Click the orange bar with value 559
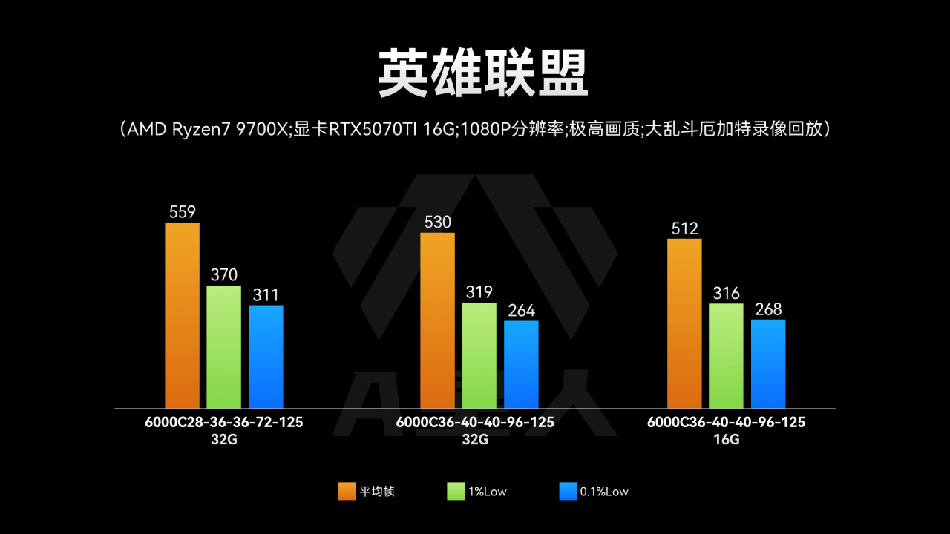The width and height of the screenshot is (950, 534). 182,315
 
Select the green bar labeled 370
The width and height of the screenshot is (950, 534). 223,346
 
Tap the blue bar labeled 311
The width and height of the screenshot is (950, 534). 266,356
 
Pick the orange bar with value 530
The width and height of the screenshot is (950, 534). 437,320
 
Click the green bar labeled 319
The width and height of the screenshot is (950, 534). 479,355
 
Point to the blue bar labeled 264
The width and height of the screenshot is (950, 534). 521,364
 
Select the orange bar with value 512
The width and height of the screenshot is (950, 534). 684,323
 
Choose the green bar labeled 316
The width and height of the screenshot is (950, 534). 726,355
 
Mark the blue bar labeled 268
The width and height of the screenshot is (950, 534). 768,363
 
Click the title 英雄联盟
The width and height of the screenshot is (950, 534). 482,74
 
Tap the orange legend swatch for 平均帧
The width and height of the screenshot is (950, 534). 347,491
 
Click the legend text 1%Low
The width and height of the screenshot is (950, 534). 487,491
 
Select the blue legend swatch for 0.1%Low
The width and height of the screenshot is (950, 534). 568,491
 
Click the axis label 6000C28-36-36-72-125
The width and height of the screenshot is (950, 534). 224,422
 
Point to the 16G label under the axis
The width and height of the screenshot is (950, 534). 726,438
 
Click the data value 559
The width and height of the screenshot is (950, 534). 182,212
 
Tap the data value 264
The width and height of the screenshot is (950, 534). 521,310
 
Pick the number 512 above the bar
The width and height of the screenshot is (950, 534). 684,228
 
